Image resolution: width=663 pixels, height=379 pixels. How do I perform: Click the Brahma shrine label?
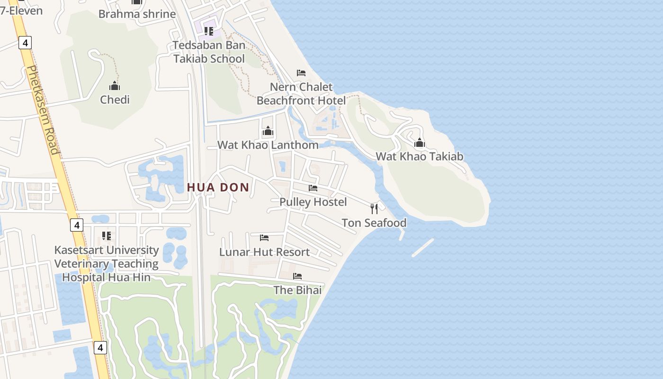(137, 14)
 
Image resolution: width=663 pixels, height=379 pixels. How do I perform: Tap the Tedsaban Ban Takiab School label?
(209, 52)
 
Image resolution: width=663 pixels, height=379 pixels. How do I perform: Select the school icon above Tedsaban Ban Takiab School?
(208, 31)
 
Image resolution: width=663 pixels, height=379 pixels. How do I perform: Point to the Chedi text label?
(115, 99)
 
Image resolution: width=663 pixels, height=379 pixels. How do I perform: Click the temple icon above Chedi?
(115, 86)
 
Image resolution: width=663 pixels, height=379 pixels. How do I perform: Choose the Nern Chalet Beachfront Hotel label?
(301, 94)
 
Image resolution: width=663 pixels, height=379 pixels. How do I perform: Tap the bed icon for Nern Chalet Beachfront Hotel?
(301, 73)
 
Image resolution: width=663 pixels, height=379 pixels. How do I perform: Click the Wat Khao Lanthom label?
(268, 145)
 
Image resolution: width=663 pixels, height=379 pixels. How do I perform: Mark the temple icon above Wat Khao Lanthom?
(268, 131)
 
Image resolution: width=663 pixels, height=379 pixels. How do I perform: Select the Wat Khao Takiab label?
(420, 156)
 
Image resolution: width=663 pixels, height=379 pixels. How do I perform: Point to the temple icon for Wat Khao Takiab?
(420, 143)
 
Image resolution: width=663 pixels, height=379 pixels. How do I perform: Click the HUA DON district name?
(218, 188)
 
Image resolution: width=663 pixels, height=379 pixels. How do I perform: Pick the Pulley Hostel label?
(313, 202)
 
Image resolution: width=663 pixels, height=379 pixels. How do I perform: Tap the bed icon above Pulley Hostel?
(313, 188)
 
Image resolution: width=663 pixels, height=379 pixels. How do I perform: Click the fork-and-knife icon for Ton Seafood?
(374, 208)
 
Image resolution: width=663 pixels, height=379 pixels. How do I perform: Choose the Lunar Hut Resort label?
(264, 252)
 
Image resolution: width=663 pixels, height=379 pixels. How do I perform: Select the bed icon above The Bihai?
(297, 276)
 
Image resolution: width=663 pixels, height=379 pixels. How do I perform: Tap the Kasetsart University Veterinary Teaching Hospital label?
(106, 263)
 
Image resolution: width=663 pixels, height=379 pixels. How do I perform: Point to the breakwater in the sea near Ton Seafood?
(423, 248)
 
